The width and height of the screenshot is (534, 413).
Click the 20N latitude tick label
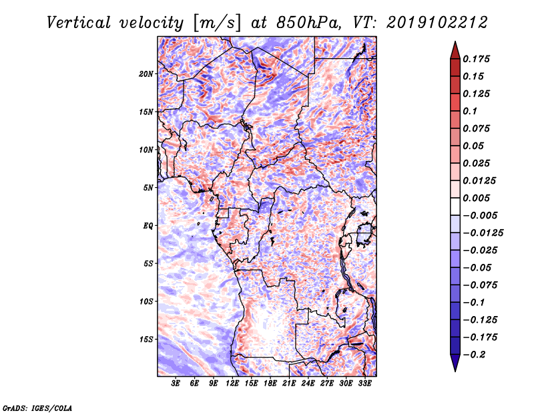tap(146, 74)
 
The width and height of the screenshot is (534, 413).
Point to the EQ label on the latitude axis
tap(148, 225)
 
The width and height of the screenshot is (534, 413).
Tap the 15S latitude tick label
tap(146, 339)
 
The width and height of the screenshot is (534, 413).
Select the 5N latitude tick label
tap(148, 187)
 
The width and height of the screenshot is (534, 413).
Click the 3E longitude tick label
tap(176, 384)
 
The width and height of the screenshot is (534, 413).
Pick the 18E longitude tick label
tap(270, 384)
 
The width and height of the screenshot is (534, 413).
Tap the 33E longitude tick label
tap(364, 384)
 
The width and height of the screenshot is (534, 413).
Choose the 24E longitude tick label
tap(308, 384)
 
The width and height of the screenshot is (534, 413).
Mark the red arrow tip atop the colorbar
tap(454, 44)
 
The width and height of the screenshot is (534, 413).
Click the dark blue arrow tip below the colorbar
tap(454, 369)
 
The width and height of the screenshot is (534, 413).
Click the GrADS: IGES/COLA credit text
tap(37, 407)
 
